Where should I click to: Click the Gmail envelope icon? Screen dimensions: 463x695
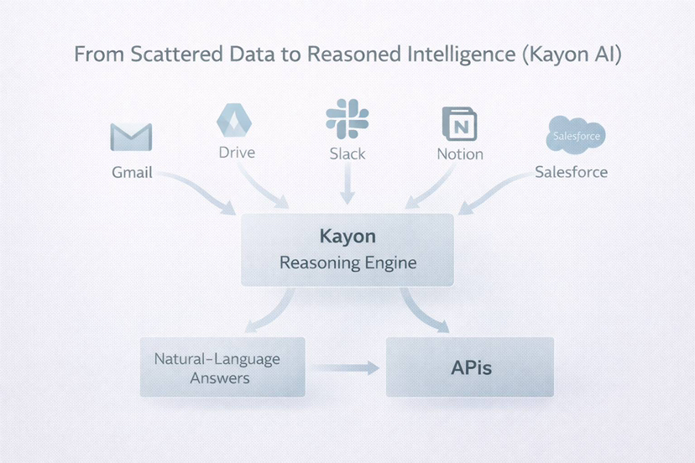click(131, 138)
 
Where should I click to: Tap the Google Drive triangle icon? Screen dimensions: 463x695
click(234, 121)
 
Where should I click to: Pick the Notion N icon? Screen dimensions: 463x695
click(459, 123)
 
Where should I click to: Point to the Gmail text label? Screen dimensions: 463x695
click(132, 173)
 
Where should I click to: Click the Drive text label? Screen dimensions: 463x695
click(237, 153)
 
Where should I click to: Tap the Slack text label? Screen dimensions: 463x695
click(347, 154)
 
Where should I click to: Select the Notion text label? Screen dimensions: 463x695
click(460, 154)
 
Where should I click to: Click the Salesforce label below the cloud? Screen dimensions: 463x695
click(571, 172)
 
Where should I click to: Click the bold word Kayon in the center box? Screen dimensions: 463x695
click(347, 237)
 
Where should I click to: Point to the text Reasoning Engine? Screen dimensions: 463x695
click(347, 263)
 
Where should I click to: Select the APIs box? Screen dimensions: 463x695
click(469, 367)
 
